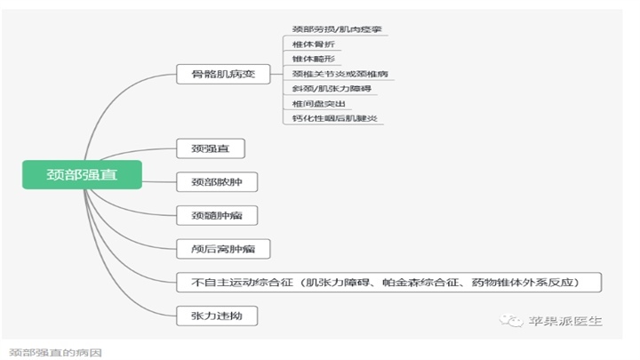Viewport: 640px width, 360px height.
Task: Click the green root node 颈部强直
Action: click(x=82, y=174)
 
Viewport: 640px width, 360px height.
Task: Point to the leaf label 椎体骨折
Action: click(x=311, y=44)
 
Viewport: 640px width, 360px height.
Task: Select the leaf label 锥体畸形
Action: click(x=311, y=59)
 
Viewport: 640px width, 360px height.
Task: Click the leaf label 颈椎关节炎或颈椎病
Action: click(x=340, y=74)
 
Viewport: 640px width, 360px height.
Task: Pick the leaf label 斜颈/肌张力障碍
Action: click(x=328, y=88)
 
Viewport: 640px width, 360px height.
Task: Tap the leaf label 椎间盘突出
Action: click(x=316, y=103)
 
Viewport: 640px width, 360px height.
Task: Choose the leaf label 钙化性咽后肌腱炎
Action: click(x=333, y=117)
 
